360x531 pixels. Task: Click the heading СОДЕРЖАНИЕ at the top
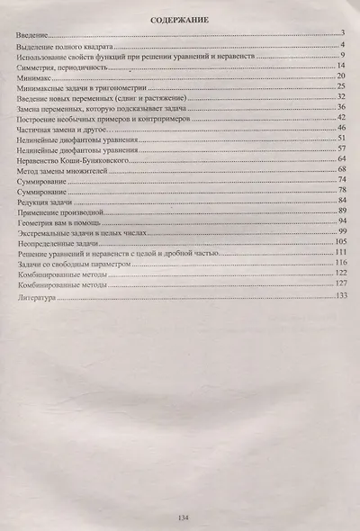click(x=181, y=20)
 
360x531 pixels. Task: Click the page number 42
click(x=342, y=118)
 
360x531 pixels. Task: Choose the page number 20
click(x=342, y=77)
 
